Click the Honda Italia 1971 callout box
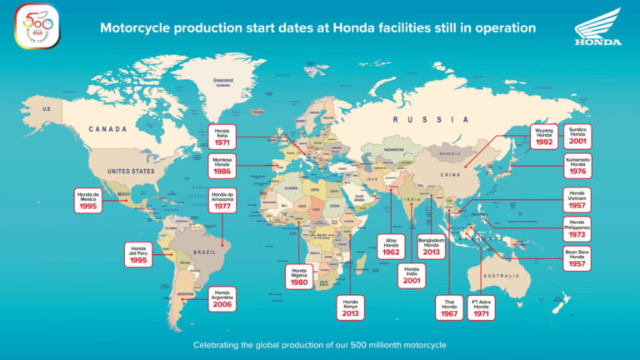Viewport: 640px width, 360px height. [222, 136]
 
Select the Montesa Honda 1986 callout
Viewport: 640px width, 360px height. [222, 165]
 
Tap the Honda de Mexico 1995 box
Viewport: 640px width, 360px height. [87, 200]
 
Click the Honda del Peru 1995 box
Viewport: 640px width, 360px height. [139, 253]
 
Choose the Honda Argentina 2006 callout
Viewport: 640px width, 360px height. [222, 298]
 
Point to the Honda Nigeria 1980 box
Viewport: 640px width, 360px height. [299, 275]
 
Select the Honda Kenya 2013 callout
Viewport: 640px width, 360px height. [351, 307]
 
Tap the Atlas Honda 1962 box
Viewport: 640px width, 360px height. [391, 247]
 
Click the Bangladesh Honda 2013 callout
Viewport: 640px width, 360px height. [431, 247]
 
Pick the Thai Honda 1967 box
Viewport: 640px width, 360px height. [449, 307]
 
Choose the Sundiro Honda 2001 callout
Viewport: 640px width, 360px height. [577, 136]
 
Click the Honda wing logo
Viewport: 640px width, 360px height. [597, 27]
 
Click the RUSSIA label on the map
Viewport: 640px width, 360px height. [421, 119]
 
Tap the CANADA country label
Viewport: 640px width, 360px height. [108, 129]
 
